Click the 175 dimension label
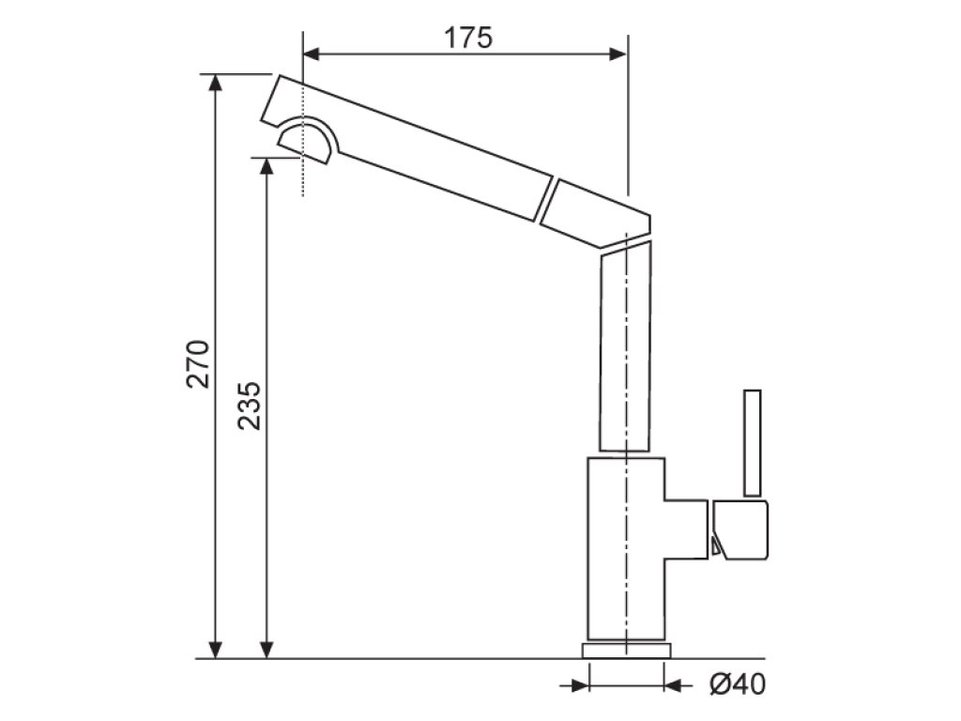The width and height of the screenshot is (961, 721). [x=467, y=38]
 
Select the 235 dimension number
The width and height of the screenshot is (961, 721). [x=250, y=405]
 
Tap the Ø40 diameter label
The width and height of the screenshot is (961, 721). [x=737, y=685]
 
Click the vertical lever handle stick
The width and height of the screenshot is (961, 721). [x=752, y=441]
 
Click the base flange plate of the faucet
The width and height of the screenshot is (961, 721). [x=627, y=651]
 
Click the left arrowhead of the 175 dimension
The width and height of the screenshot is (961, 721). [x=313, y=54]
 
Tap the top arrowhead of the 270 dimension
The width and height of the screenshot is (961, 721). [x=216, y=82]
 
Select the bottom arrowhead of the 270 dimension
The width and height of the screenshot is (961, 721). [x=216, y=650]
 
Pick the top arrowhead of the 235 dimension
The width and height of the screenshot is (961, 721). [x=267, y=165]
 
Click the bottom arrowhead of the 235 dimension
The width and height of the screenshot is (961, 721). [x=267, y=650]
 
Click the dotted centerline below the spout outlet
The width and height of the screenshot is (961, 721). [x=303, y=178]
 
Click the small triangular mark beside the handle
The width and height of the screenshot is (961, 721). [x=716, y=545]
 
